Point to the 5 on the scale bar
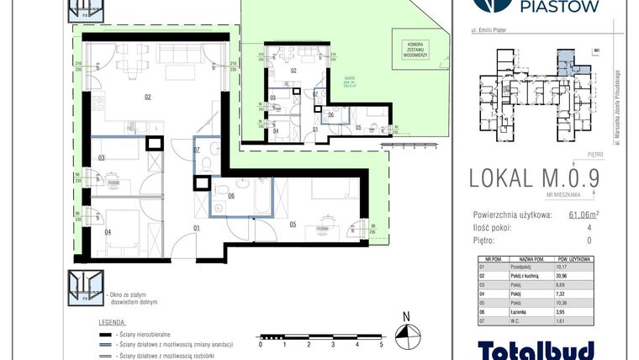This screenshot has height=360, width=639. pyautogui.click(x=382, y=344)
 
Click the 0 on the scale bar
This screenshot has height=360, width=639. pyautogui.click(x=261, y=344)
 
